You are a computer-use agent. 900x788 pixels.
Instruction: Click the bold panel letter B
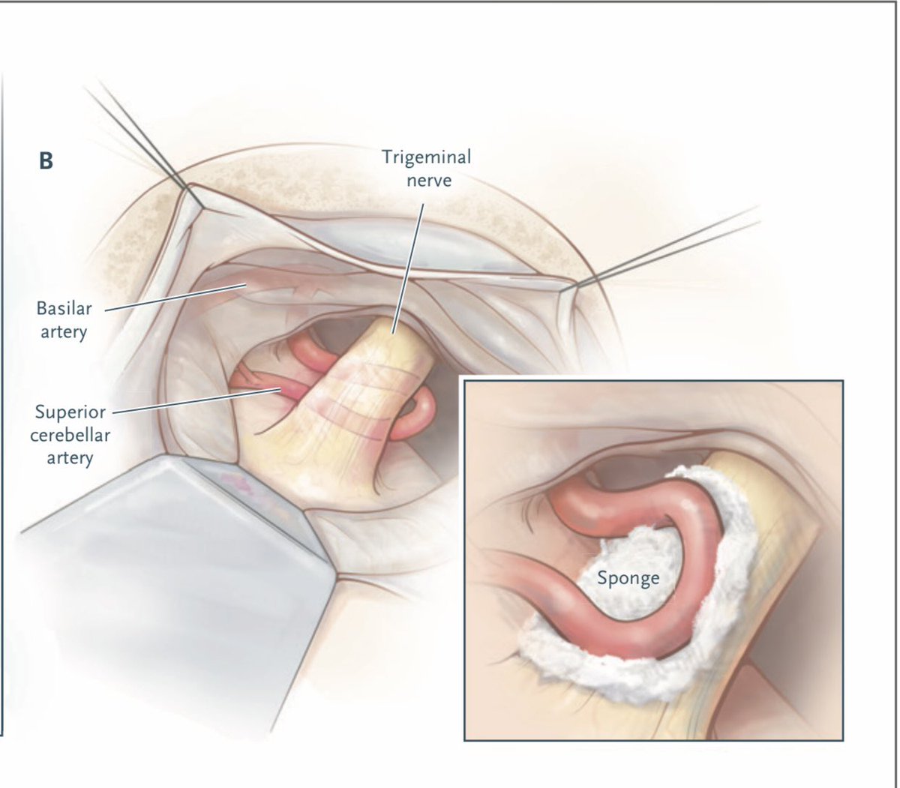click(46, 161)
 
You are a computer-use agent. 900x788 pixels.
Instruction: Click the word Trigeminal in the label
click(426, 157)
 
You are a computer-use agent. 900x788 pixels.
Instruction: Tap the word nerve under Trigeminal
click(426, 180)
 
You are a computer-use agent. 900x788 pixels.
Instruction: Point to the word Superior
click(70, 412)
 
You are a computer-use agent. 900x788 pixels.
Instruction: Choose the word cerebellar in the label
click(70, 435)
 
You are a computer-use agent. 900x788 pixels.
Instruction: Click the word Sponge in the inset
click(628, 578)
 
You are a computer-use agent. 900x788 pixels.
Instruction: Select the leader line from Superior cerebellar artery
click(195, 400)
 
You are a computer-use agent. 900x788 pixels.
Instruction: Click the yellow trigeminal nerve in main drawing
click(337, 435)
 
